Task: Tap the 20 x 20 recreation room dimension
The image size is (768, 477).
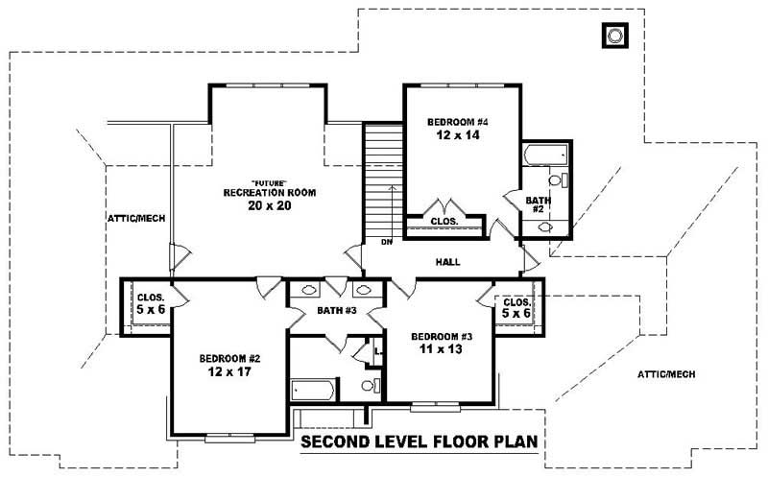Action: tap(269, 206)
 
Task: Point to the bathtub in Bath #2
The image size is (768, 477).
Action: tap(545, 155)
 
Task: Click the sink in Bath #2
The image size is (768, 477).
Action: tap(545, 227)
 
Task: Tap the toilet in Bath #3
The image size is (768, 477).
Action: tap(367, 386)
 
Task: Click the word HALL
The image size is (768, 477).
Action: tap(447, 261)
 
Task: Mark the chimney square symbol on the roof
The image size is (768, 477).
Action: tap(613, 36)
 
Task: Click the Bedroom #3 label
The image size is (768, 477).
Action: tap(442, 337)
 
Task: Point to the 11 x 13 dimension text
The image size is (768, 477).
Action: tap(442, 350)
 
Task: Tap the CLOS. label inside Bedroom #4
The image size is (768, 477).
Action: tap(444, 222)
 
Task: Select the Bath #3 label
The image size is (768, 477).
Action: tap(337, 312)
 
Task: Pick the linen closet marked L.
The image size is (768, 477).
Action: tap(379, 353)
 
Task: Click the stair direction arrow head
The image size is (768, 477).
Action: tap(392, 188)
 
